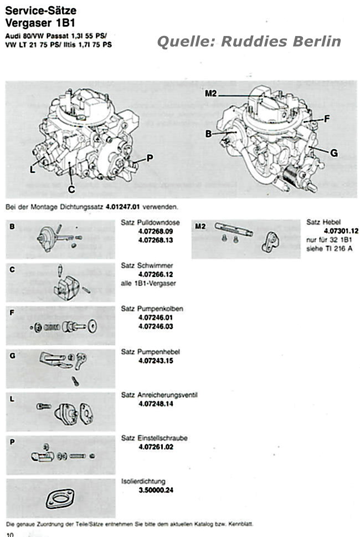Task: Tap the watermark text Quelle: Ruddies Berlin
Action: (x=249, y=42)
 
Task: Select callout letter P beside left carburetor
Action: (x=150, y=158)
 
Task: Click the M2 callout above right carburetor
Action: (x=210, y=94)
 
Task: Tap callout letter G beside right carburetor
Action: (x=334, y=154)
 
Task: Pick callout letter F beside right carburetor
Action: (x=327, y=118)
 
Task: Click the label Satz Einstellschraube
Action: (x=154, y=438)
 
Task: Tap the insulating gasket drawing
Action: (x=60, y=499)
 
